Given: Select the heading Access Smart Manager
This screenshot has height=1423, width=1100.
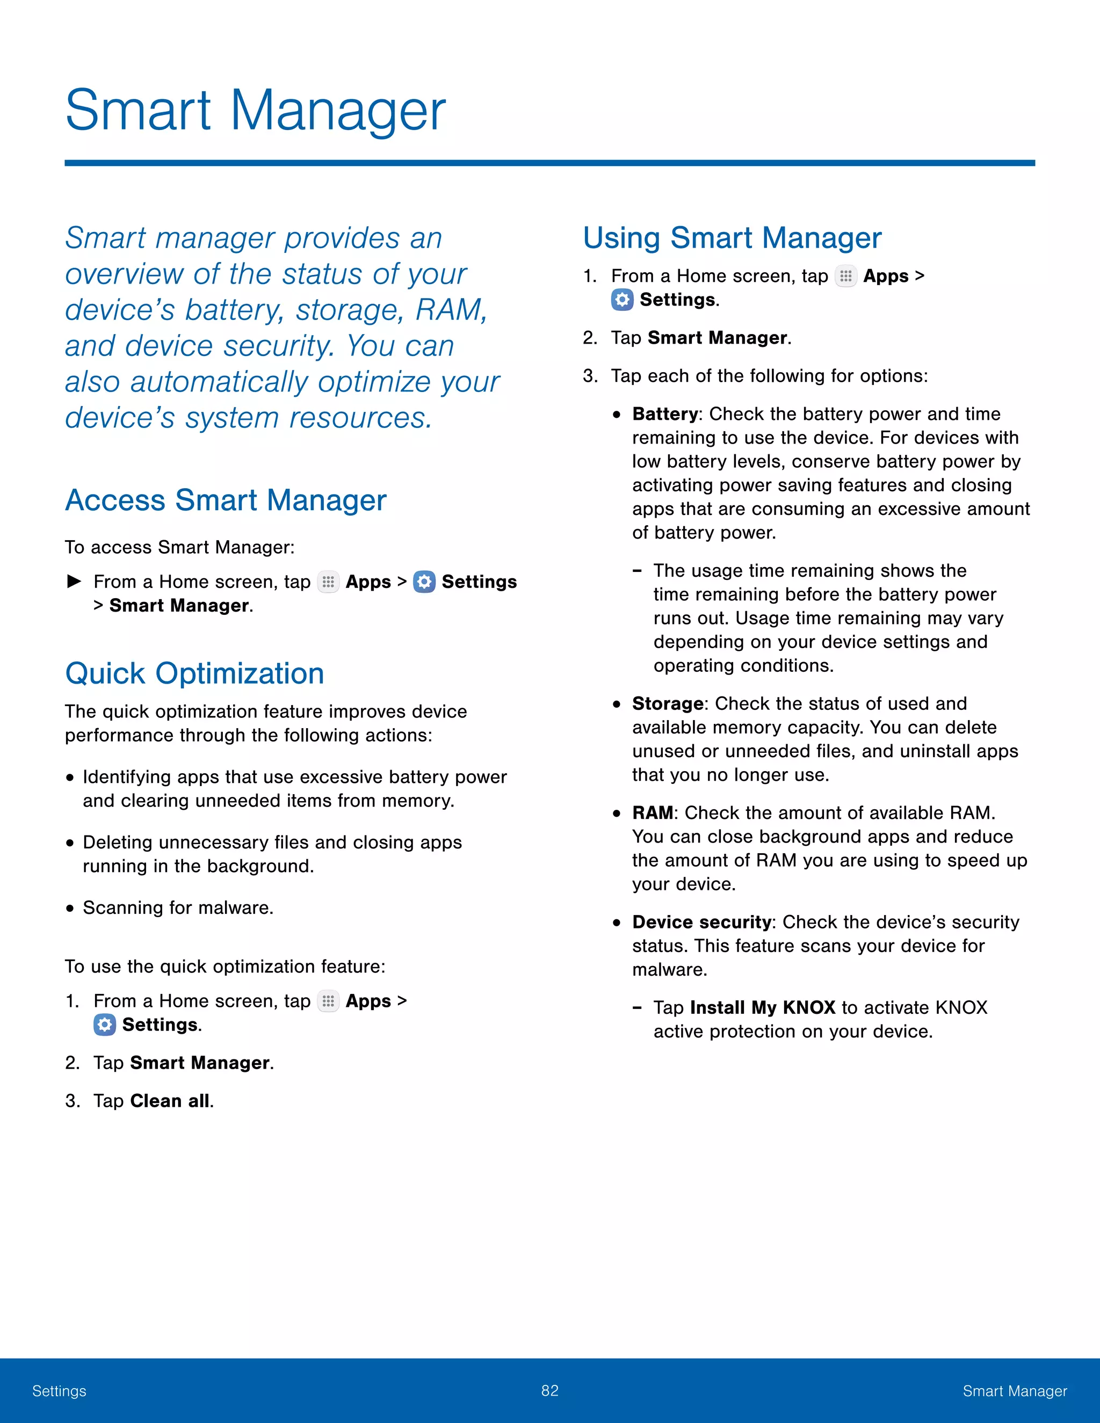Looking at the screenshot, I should coord(226,500).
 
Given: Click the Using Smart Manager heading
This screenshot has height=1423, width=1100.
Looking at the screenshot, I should coord(732,238).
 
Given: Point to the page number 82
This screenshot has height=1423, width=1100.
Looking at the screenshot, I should coord(550,1390).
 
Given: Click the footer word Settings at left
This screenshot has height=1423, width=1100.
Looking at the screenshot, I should coord(59,1391).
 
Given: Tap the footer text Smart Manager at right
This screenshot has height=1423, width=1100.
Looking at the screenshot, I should coord(1015,1391).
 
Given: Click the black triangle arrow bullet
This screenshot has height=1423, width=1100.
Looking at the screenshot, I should coord(74,580).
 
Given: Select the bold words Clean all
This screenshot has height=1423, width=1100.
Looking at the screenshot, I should coord(171,1101).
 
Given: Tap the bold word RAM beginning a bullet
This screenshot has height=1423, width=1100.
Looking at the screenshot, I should coord(652,813).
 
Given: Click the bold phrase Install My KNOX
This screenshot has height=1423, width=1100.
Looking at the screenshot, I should coord(763,1008).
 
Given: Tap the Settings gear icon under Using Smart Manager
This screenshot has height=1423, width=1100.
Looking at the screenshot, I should coord(623,300).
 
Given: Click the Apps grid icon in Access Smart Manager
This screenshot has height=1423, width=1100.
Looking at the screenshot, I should coord(328,582).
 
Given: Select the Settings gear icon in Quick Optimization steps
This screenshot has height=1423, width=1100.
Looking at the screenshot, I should coord(104,1025).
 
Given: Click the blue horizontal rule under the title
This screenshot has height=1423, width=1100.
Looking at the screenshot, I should coord(549,163).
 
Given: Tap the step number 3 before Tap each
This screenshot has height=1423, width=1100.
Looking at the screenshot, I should coord(589,376).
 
